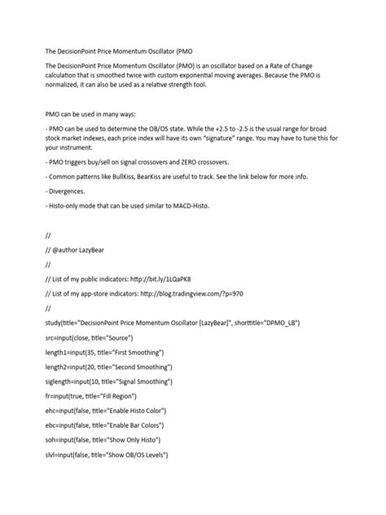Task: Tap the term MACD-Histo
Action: click(189, 231)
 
